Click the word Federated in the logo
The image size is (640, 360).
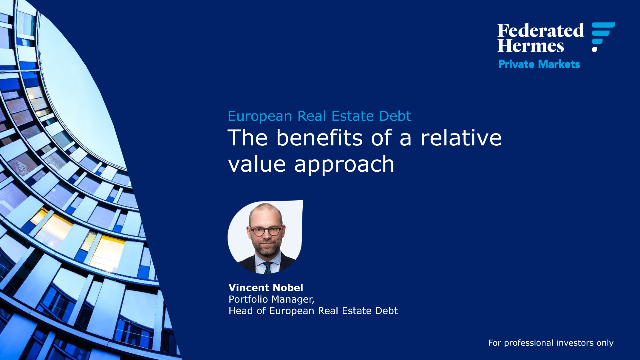point(540,30)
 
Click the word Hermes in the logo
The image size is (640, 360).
point(530,46)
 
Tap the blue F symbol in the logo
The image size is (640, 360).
point(602,36)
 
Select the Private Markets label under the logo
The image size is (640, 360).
point(539,65)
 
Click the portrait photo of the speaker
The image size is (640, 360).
point(265,238)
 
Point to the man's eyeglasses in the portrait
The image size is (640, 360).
point(265,229)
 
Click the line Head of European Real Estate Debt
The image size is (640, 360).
point(313,311)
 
